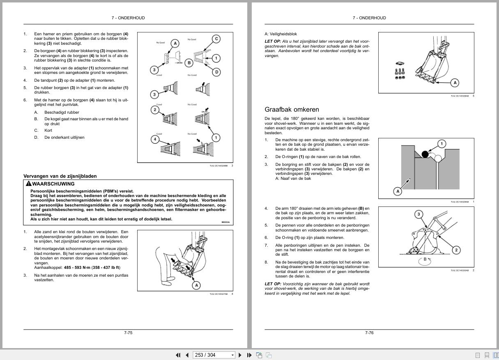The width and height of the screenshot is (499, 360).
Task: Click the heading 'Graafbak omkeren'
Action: coord(292,110)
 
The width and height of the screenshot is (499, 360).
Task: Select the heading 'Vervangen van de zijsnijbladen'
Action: coord(60,176)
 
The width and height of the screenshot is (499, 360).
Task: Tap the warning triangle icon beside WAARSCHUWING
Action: coord(28,184)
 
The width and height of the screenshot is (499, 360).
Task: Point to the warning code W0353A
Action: coord(225,222)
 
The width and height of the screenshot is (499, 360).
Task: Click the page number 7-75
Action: coord(128,332)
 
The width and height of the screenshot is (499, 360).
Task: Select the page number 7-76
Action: coord(369,332)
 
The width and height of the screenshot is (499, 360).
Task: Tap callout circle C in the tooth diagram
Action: coord(216,39)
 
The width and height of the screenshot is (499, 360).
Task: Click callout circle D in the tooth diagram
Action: coord(216,72)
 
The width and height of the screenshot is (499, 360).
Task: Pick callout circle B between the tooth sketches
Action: coord(189,63)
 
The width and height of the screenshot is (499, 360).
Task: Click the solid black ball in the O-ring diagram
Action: coord(425,154)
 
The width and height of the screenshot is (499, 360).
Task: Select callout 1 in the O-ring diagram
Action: coord(442,144)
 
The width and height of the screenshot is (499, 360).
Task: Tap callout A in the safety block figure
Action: coord(455,83)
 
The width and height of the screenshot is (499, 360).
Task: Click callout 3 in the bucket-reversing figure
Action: coord(419,214)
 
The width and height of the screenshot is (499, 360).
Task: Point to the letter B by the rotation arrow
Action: coord(425,259)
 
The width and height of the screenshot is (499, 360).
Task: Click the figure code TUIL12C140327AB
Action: coord(218,294)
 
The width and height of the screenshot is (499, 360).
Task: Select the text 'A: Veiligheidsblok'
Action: coord(281,34)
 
